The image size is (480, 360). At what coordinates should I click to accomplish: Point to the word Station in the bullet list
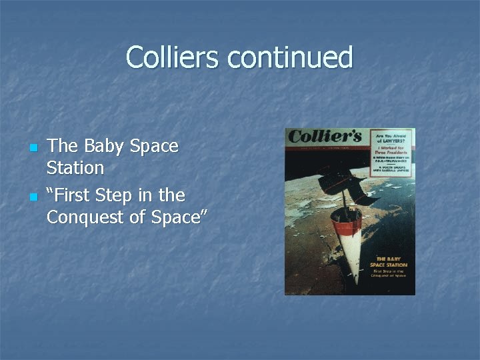[x=75, y=167]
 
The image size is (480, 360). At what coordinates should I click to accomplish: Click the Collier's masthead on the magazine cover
[x=325, y=136]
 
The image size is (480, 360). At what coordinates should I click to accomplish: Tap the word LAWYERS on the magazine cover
[x=391, y=141]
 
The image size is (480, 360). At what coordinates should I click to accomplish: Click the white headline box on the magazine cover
[x=391, y=153]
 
